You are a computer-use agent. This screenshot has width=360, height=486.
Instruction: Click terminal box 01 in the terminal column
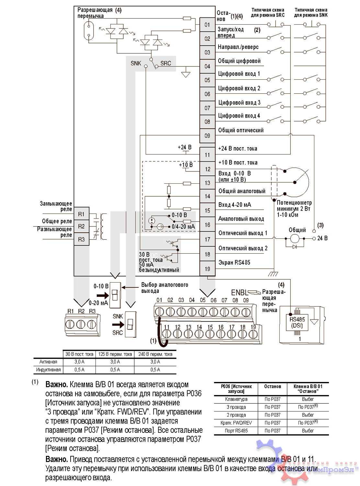coord(207,25)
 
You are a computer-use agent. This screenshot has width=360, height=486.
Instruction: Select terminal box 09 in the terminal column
coord(207,136)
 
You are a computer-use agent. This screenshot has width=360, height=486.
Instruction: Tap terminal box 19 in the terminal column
coord(207,269)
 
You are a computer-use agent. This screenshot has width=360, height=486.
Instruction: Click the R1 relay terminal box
coord(81,214)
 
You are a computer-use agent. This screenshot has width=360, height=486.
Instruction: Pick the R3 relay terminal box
coord(81,239)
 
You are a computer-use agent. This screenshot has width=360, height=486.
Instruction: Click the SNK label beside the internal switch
coord(136,63)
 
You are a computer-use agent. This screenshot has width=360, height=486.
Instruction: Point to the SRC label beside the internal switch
coord(165,63)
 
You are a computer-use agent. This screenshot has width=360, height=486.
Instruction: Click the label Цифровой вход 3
coord(239,103)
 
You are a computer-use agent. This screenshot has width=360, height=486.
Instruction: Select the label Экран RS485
coord(234,262)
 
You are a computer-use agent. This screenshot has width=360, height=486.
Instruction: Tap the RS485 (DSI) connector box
coord(297,322)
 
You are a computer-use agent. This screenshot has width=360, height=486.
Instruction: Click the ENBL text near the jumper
coord(238,293)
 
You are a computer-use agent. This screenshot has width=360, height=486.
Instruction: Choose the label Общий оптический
coord(241,130)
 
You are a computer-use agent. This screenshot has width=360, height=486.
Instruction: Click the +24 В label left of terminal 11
coord(185,147)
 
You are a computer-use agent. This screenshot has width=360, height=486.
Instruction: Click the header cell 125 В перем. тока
coord(115,354)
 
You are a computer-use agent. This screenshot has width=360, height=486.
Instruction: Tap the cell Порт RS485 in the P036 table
coord(236,431)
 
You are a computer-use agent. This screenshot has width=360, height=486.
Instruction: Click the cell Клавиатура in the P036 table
coord(236,399)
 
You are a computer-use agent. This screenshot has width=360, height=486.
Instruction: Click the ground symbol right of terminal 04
coord(186,74)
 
